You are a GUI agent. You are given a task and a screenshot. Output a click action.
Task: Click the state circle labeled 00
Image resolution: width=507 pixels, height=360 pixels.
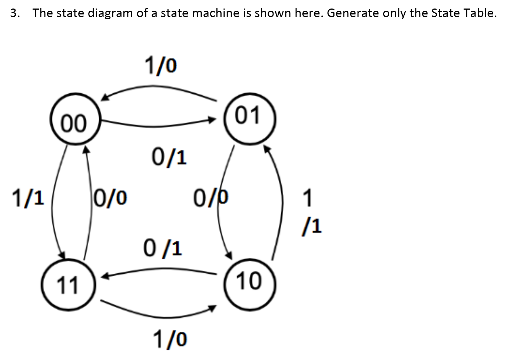click(75, 119)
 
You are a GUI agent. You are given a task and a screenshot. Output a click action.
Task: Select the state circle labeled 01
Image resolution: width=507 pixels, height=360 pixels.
click(249, 119)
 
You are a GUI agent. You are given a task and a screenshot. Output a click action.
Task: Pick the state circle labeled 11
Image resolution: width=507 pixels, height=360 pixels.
click(68, 284)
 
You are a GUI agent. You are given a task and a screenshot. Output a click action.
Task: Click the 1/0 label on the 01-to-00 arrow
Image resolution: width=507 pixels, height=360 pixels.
click(160, 65)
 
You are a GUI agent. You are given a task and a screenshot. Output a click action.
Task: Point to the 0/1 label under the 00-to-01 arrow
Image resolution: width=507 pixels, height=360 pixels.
click(169, 157)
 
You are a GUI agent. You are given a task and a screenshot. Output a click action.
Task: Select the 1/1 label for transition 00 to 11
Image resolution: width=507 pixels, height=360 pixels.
click(28, 198)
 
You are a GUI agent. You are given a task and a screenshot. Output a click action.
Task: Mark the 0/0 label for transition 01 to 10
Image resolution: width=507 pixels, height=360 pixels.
click(211, 198)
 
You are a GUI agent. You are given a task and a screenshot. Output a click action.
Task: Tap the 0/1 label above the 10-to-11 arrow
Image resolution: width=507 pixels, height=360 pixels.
click(163, 248)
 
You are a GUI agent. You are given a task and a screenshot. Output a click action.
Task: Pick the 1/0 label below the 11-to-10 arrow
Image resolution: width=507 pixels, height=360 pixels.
click(170, 339)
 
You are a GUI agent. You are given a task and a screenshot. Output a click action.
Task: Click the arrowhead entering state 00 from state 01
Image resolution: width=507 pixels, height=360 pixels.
click(105, 97)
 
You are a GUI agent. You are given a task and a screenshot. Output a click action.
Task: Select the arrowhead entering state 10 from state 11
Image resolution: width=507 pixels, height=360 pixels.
click(212, 308)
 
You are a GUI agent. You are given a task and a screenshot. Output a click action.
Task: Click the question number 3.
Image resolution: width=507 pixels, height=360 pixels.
click(14, 13)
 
